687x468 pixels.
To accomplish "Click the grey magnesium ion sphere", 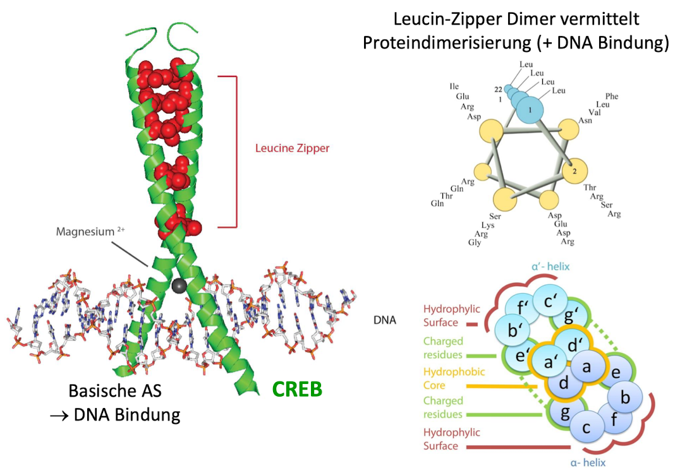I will click(x=179, y=287).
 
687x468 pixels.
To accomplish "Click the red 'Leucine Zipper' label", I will click(x=293, y=149).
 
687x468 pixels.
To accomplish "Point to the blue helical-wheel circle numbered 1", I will click(x=530, y=111).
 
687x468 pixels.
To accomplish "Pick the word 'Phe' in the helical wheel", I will click(x=612, y=96).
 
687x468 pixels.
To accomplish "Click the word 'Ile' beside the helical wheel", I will click(x=454, y=87).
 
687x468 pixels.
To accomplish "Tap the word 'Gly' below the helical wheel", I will click(x=475, y=243).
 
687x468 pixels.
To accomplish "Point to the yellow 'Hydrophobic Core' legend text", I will click(x=444, y=378).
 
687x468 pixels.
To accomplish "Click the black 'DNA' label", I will click(x=385, y=320).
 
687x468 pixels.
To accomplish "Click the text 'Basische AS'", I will click(x=115, y=391).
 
